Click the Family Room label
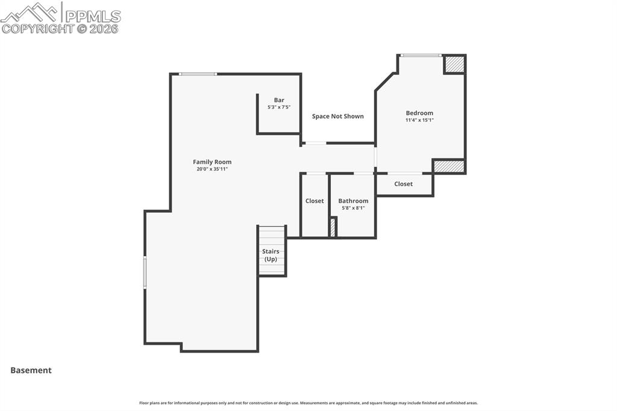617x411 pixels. tap(212, 162)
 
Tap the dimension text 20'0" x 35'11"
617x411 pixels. tap(212, 169)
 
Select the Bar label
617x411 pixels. tap(279, 100)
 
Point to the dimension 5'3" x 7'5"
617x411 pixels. tap(279, 107)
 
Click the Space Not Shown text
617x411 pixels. tap(337, 116)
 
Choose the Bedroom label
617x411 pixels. tap(419, 113)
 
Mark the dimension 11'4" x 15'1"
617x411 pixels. tap(419, 120)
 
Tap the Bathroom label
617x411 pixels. tap(353, 201)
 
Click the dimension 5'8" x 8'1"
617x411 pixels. tap(353, 208)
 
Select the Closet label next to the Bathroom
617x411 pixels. tap(315, 201)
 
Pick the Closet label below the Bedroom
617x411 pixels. tap(404, 184)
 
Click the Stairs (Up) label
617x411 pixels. tap(271, 255)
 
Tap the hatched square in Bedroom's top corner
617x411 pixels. tap(454, 64)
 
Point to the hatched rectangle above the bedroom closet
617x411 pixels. tap(449, 166)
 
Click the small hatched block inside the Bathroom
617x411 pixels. tap(333, 228)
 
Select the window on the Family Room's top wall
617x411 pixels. tap(198, 74)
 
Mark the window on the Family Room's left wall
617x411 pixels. tap(145, 272)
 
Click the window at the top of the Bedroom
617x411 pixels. tap(421, 55)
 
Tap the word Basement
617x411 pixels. tap(31, 371)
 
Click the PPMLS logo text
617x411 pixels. tap(92, 16)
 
